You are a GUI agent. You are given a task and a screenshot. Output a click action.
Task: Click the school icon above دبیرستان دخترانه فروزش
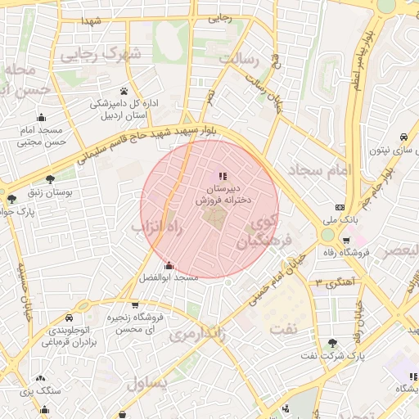pos(223,176)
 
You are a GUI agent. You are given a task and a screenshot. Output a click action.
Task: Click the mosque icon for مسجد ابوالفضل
pos(169,265)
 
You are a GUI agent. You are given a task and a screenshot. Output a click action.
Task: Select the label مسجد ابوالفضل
pos(170,278)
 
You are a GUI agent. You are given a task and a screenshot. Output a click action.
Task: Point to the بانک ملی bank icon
pos(340,207)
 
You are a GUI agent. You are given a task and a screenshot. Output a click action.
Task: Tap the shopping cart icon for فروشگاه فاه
pos(347,241)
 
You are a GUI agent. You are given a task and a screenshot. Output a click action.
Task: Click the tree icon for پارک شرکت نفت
pos(331,343)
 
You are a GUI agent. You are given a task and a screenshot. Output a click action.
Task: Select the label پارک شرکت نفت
pos(331,356)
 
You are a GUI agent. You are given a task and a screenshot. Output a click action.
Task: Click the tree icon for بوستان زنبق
pos(51,179)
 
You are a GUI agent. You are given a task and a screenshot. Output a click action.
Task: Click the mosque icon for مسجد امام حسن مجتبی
pos(42,117)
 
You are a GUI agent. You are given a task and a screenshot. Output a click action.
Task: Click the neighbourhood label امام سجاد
pos(319,169)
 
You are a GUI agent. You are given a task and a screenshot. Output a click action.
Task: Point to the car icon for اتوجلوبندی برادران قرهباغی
pos(68,317)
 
